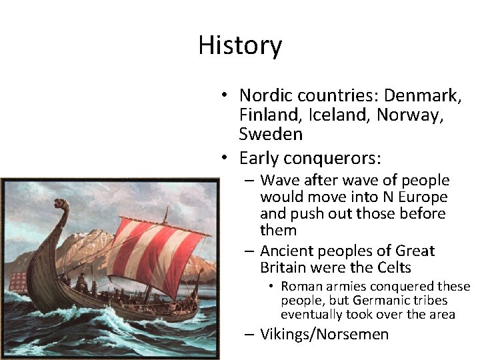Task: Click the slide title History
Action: [x=240, y=45]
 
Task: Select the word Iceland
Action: [x=340, y=115]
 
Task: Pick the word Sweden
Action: [x=271, y=134]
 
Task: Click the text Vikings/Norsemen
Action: [x=324, y=334]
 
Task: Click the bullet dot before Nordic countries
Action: [x=227, y=97]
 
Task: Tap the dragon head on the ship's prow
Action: [x=61, y=204]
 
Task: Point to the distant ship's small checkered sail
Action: [x=18, y=280]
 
